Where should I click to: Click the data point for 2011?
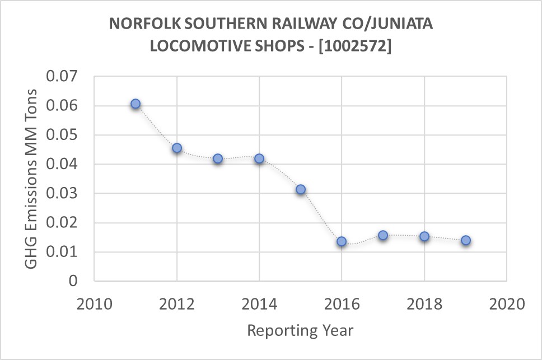135,104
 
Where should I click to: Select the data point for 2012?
177,148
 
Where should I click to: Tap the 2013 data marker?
218,158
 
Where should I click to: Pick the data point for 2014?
259,158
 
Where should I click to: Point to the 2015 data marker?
301,189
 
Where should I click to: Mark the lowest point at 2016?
342,241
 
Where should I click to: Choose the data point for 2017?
383,235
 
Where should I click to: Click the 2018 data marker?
424,236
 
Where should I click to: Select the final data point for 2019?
465,240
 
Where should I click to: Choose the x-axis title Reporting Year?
300,330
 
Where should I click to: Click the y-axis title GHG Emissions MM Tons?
33,179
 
